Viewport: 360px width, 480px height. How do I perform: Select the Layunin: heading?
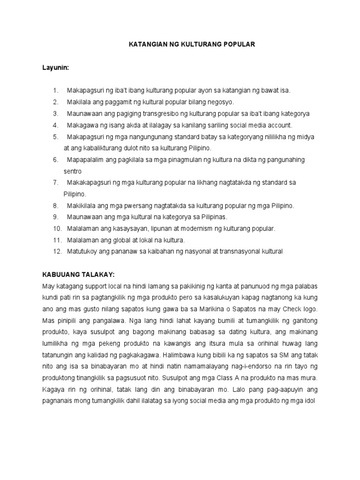tap(56, 68)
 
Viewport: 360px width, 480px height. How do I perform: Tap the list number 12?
tap(57, 251)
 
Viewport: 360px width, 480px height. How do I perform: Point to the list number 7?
tap(55, 182)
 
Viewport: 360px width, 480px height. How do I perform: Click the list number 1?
tap(55, 90)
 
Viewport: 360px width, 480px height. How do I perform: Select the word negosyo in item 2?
tap(221, 102)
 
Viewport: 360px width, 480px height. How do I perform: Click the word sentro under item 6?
tap(73, 171)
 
